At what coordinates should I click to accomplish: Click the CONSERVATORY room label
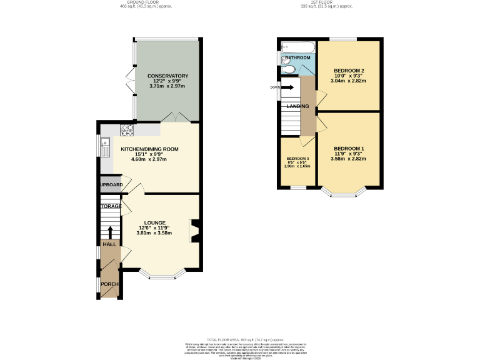pyautogui.click(x=168, y=76)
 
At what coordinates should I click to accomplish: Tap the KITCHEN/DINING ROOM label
pyautogui.click(x=150, y=149)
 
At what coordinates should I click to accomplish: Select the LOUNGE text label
pyautogui.click(x=154, y=222)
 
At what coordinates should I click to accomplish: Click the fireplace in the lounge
pyautogui.click(x=194, y=229)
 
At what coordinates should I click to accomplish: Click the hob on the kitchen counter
pyautogui.click(x=127, y=130)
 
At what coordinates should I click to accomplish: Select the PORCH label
pyautogui.click(x=110, y=284)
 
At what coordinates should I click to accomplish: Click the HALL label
pyautogui.click(x=109, y=244)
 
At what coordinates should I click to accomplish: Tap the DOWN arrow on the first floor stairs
pyautogui.click(x=287, y=87)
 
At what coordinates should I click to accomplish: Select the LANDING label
pyautogui.click(x=297, y=106)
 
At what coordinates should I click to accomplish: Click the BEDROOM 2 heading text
pyautogui.click(x=349, y=70)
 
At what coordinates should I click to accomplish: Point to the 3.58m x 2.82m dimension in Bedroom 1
pyautogui.click(x=349, y=159)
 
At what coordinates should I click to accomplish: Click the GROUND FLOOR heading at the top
pyautogui.click(x=146, y=2)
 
